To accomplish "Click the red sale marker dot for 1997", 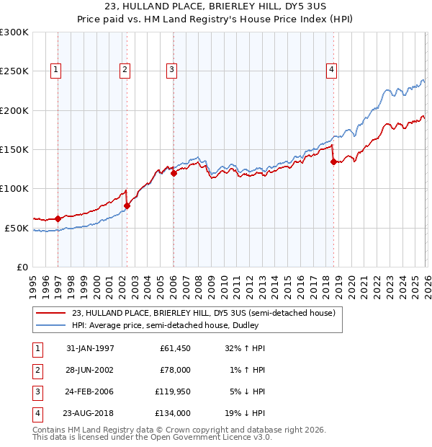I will point(58,218).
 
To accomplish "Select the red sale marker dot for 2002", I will point(127,205).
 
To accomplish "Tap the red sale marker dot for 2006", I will point(174,173).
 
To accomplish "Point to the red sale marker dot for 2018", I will point(333,161).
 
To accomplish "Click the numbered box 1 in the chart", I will point(55,70).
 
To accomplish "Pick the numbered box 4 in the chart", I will point(331,70).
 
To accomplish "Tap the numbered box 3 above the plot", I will point(171,70).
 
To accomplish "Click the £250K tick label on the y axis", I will point(14,71).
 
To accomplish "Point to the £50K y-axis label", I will point(17,228).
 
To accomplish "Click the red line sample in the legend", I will point(50,314).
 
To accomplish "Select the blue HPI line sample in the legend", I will point(50,325).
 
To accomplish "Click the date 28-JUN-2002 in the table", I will point(89,371).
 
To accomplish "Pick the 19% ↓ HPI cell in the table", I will point(246,414).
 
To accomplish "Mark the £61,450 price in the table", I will point(173,348).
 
